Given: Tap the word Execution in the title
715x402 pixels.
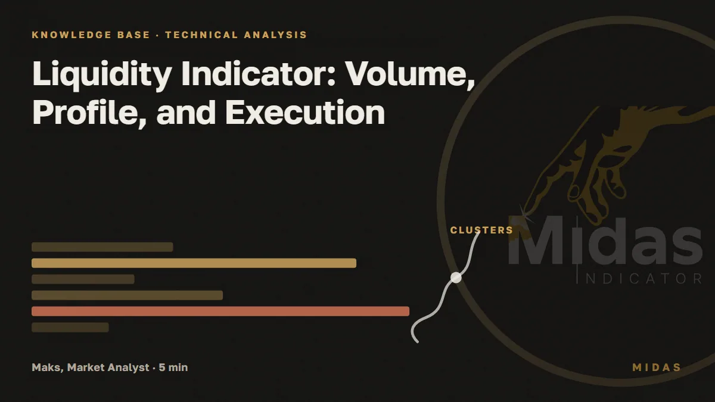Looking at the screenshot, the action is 305,113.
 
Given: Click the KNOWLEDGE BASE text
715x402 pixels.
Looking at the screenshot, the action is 91,35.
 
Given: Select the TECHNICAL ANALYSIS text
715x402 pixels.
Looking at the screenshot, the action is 236,35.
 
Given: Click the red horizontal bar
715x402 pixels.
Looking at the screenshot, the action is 220,311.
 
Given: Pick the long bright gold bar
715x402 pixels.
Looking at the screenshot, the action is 194,263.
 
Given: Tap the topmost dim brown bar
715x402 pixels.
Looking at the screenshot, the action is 102,247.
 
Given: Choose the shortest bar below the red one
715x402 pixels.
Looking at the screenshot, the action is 70,328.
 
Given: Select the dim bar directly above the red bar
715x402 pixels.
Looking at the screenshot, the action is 127,295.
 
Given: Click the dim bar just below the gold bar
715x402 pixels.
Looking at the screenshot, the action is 83,279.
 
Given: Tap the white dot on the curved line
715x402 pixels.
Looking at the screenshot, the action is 456,278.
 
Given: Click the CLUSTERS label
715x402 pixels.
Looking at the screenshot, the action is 481,230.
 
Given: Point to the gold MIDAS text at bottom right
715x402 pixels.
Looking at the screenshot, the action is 657,367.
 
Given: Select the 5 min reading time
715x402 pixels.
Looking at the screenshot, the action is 173,367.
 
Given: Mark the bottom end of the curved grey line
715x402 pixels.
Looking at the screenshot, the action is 417,342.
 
